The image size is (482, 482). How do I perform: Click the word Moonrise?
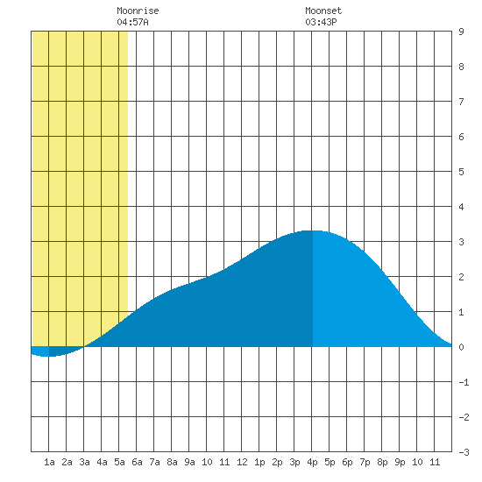138,11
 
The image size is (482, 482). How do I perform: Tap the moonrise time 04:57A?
133,22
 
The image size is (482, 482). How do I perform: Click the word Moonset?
323,11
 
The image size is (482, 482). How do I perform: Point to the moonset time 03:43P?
321,22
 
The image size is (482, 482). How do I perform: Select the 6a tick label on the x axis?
137,462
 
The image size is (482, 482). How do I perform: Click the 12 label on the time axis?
242,462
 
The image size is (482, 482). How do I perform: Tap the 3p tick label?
294,463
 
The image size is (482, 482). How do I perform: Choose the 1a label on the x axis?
49,462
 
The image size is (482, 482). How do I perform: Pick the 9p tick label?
400,463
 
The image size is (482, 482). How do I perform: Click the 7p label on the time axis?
365,463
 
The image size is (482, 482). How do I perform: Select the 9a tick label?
189,462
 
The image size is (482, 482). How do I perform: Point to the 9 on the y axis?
461,32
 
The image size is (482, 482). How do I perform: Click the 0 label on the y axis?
461,347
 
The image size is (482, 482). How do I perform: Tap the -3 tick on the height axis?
464,452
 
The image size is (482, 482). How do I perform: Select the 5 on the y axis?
461,172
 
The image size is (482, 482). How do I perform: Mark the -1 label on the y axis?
464,382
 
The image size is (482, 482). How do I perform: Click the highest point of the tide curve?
312,230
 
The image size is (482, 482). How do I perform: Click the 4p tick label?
312,463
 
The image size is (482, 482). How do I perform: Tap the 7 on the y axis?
461,102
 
